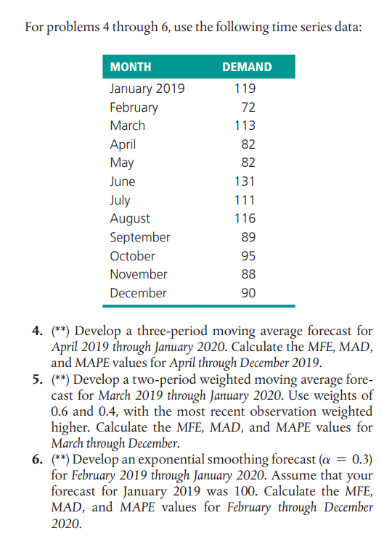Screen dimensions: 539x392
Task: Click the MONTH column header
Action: click(131, 67)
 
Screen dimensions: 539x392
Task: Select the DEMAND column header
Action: click(247, 67)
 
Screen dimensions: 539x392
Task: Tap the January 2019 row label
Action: click(147, 89)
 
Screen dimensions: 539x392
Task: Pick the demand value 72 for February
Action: click(248, 107)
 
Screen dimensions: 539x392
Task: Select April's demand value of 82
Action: click(248, 144)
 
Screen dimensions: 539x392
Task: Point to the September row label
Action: click(140, 237)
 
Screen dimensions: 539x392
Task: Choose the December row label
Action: click(138, 293)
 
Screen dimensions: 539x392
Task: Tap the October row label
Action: click(132, 255)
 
